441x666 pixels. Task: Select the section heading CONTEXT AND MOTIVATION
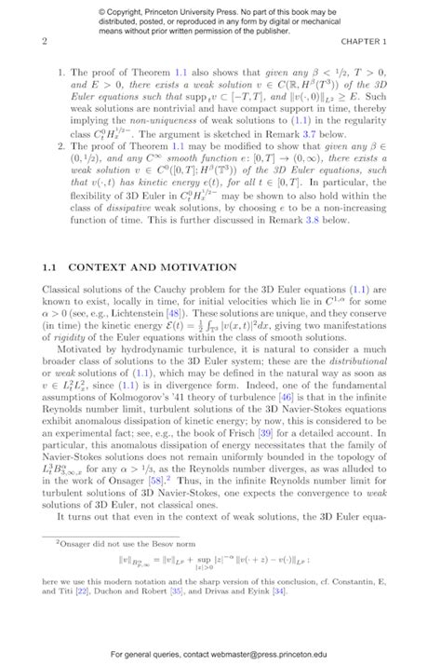154,267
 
